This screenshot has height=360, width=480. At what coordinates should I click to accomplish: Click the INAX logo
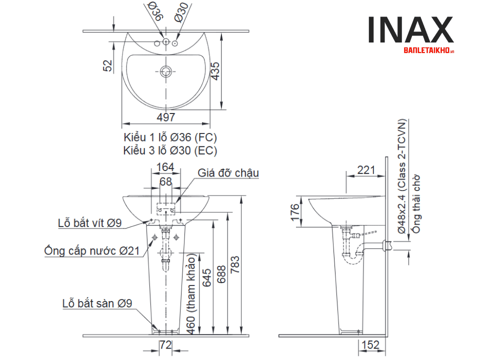pyautogui.click(x=410, y=31)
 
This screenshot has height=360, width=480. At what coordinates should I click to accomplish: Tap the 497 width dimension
pyautogui.click(x=166, y=116)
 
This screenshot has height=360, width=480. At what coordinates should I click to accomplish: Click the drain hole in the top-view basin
pyautogui.click(x=166, y=71)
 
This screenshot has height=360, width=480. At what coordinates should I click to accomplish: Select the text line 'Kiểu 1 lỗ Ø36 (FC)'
pyautogui.click(x=170, y=137)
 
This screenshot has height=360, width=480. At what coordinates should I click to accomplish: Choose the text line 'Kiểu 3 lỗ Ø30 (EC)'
pyautogui.click(x=170, y=149)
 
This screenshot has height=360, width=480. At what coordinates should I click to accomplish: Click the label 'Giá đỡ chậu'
pyautogui.click(x=228, y=173)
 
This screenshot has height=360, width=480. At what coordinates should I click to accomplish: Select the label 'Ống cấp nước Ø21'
pyautogui.click(x=91, y=250)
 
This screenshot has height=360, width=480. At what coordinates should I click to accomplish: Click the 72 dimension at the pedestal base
pyautogui.click(x=165, y=344)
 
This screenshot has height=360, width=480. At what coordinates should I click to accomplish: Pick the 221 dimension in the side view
pyautogui.click(x=366, y=170)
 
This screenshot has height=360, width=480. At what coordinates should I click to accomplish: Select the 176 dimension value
pyautogui.click(x=295, y=212)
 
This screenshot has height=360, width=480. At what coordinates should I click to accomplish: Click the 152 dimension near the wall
pyautogui.click(x=370, y=344)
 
